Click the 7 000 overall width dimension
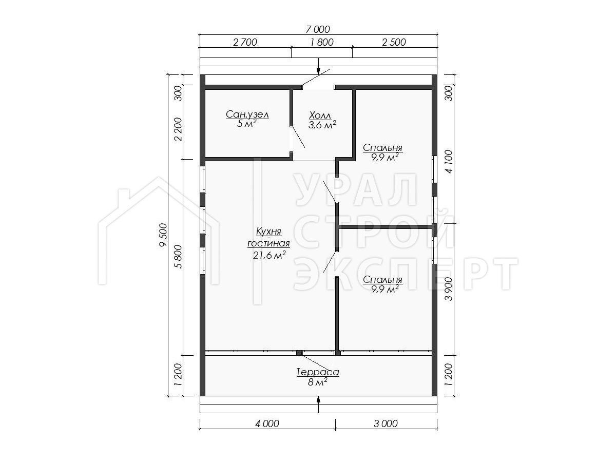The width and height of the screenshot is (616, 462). (x=318, y=29)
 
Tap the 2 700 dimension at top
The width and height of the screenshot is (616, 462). (x=245, y=43)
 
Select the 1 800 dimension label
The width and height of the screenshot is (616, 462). (x=322, y=43)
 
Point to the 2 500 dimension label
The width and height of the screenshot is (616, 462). (x=394, y=43)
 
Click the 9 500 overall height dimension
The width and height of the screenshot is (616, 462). (x=163, y=235)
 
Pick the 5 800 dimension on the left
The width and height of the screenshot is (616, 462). (x=178, y=257)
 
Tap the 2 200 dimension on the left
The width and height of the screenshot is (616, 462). (x=178, y=129)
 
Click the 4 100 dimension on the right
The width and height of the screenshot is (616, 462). (x=449, y=162)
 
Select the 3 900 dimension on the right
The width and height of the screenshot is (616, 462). (x=449, y=289)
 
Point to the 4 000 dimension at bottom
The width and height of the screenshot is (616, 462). (x=267, y=423)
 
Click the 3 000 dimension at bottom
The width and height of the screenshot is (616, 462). (x=386, y=423)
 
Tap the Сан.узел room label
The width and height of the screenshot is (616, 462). (x=247, y=114)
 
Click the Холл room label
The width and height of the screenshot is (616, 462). (x=320, y=115)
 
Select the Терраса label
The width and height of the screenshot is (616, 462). (x=318, y=372)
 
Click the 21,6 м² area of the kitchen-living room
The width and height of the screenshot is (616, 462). (x=269, y=255)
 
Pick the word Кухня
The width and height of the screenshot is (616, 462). (x=268, y=232)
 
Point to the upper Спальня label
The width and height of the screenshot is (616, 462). (x=382, y=147)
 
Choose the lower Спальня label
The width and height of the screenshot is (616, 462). (x=382, y=280)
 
